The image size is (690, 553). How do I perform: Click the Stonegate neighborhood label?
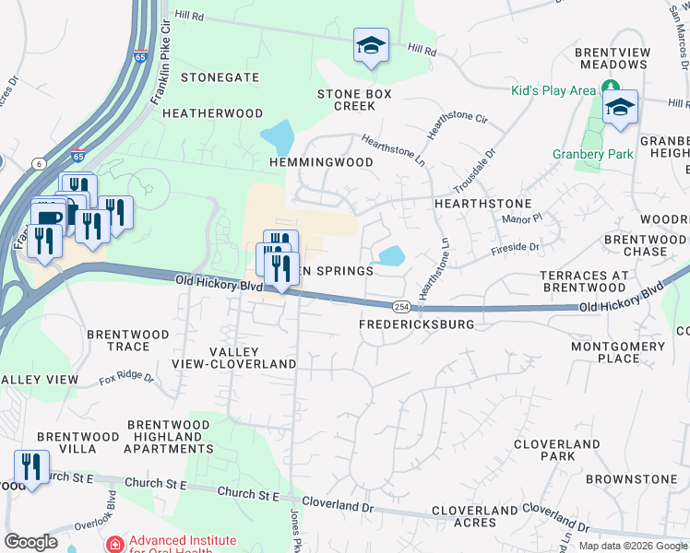[x=220, y=78]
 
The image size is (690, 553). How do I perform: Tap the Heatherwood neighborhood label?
[x=213, y=113]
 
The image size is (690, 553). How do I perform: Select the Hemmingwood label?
[x=321, y=162]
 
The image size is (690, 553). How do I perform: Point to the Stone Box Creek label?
[x=354, y=100]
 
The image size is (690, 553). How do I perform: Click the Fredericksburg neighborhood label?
[x=416, y=324]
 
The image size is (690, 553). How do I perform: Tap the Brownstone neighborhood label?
[x=631, y=480]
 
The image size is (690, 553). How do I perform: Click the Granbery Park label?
[x=593, y=155]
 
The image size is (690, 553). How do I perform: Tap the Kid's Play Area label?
[x=554, y=90]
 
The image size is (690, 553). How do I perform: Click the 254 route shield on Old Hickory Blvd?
[x=400, y=305]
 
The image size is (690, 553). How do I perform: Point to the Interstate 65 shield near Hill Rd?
[x=141, y=56]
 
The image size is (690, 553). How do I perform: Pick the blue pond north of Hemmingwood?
[x=278, y=138]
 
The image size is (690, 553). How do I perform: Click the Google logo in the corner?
[x=30, y=542]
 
